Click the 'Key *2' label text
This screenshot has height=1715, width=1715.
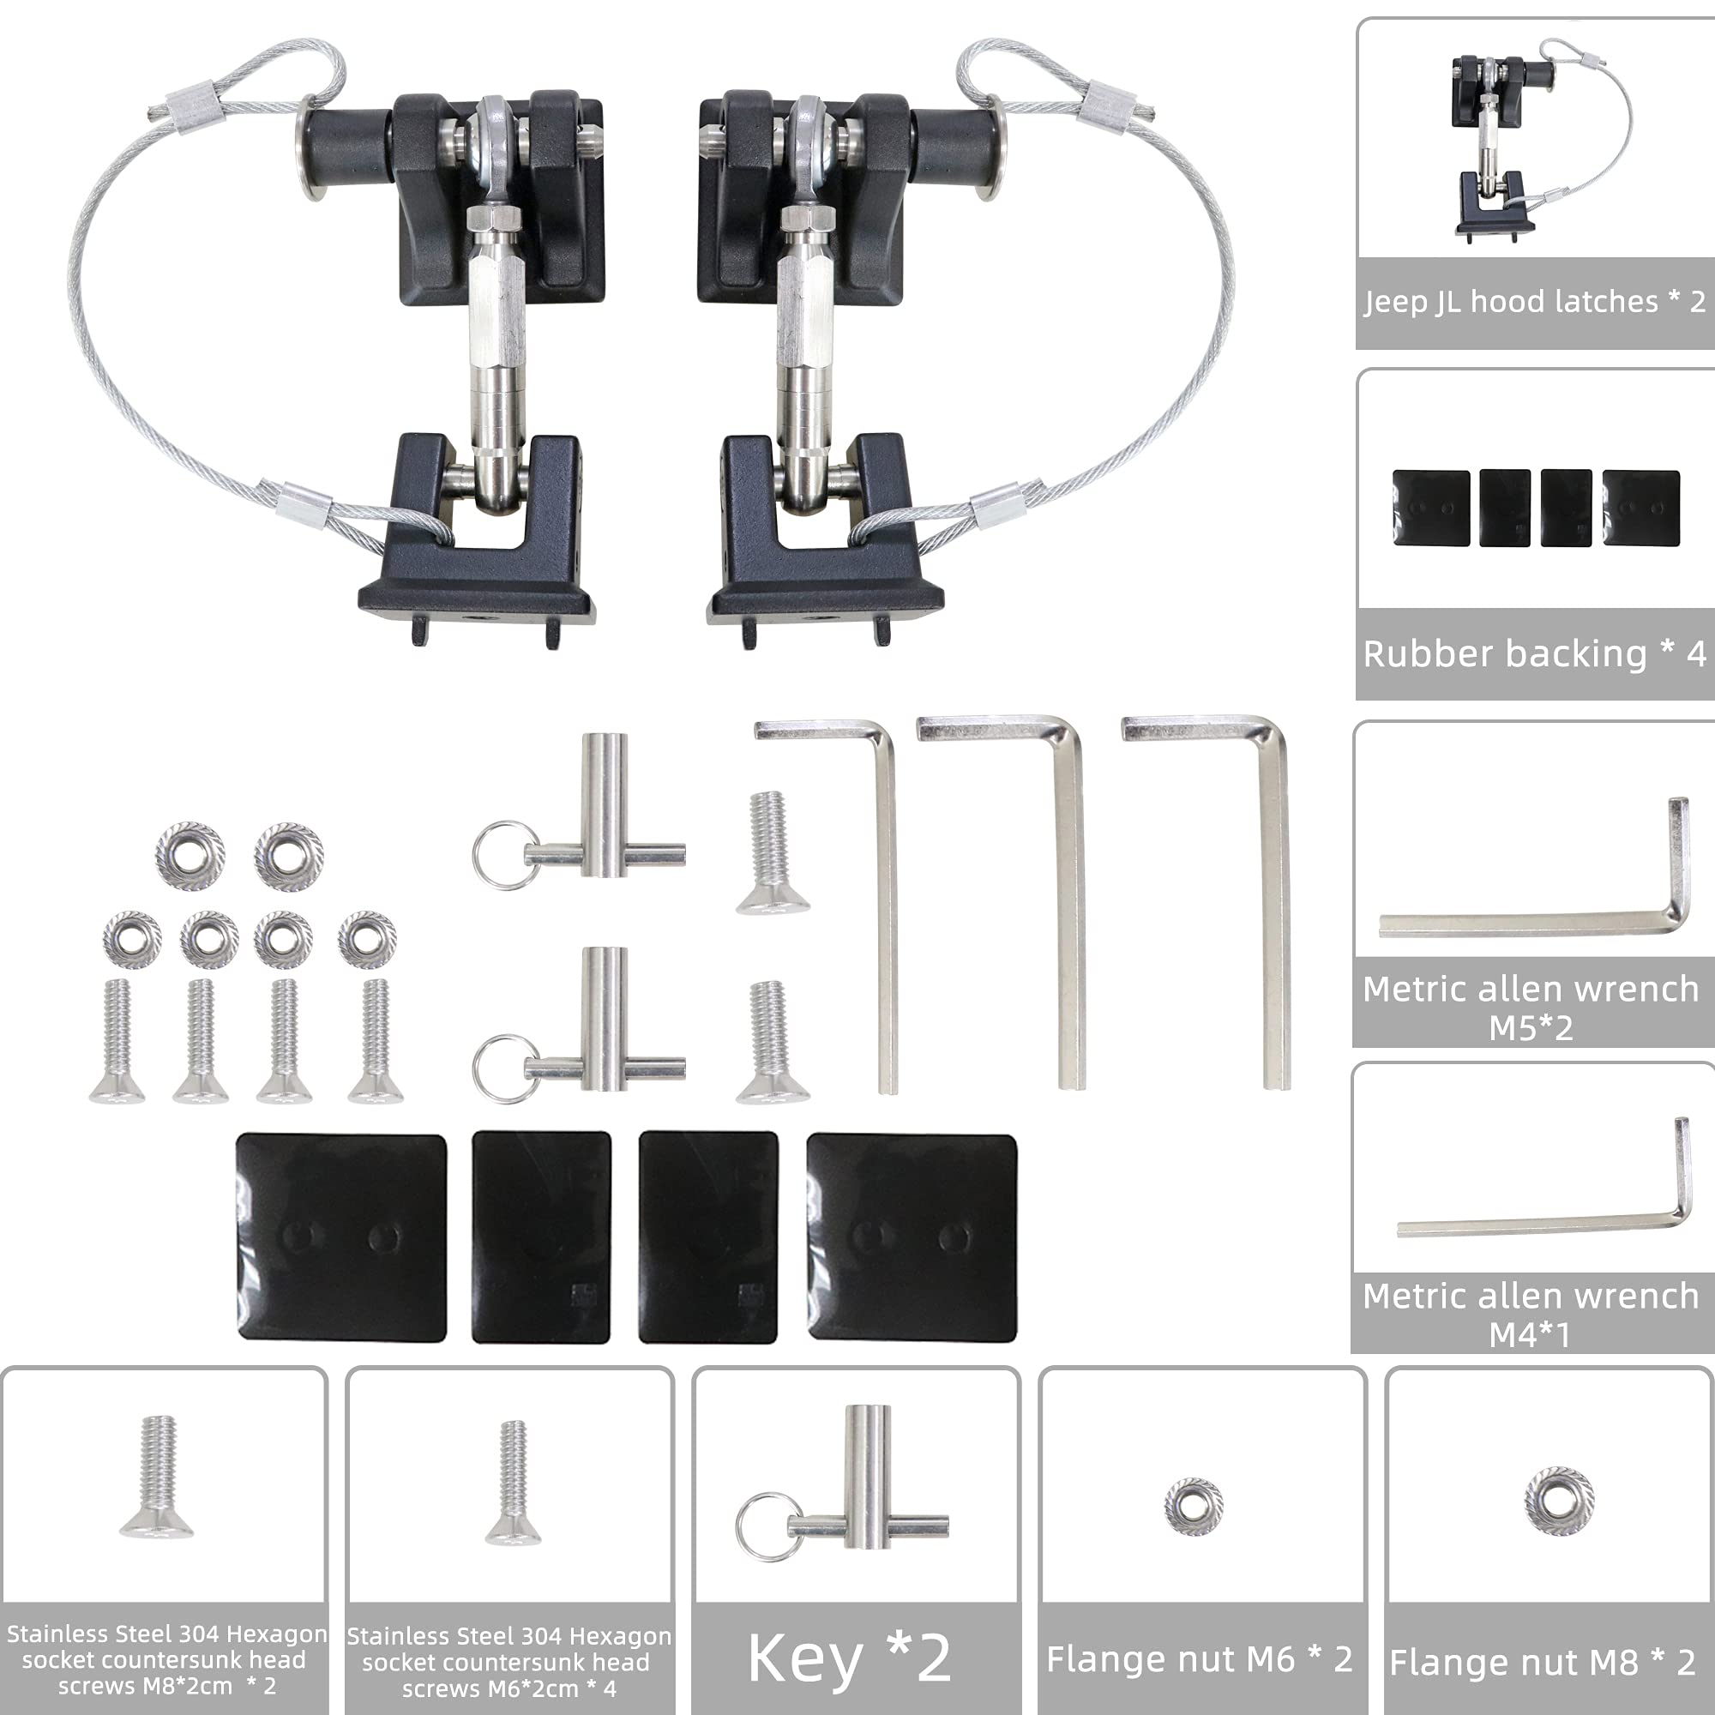(x=850, y=1658)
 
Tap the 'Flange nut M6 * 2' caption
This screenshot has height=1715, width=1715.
(x=1200, y=1658)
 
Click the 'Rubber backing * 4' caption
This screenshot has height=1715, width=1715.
(x=1534, y=654)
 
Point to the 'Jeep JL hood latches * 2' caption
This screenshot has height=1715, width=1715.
(x=1534, y=302)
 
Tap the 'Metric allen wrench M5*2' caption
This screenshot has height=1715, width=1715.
(x=1531, y=1008)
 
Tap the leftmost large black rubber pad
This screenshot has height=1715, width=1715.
(x=341, y=1237)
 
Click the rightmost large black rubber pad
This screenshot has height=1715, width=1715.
(x=912, y=1237)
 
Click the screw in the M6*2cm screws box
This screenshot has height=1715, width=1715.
(x=513, y=1483)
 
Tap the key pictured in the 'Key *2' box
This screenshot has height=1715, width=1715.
(x=865, y=1500)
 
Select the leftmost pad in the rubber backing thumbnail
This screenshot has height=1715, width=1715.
(x=1431, y=508)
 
